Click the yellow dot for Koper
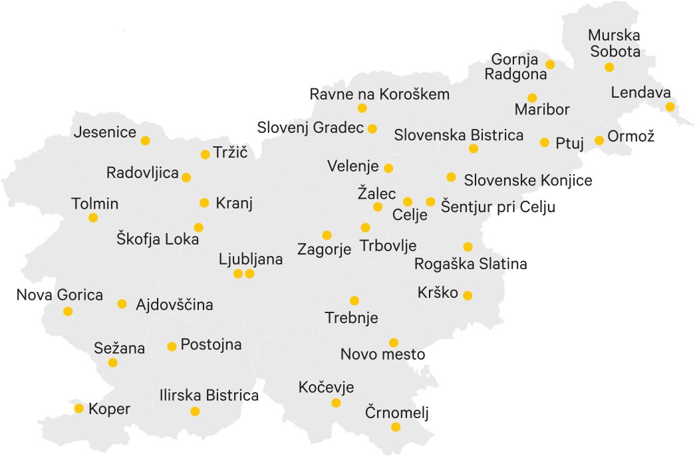(x=79, y=408)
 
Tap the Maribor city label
(x=542, y=109)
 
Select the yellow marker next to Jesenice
(x=145, y=140)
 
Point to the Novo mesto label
(x=382, y=354)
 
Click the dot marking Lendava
(x=670, y=106)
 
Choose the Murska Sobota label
(x=614, y=43)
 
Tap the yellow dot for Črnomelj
(x=396, y=427)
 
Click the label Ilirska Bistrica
(x=209, y=396)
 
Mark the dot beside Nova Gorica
(x=68, y=311)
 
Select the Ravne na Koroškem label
(x=380, y=94)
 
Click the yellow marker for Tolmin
(x=93, y=217)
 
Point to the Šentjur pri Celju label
(x=498, y=207)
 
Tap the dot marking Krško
(x=468, y=295)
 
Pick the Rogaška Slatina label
(x=470, y=264)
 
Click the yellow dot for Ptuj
(x=545, y=142)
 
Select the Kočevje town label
(x=327, y=388)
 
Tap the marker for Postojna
(x=172, y=346)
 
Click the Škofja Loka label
(x=158, y=240)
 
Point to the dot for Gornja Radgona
(x=550, y=64)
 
